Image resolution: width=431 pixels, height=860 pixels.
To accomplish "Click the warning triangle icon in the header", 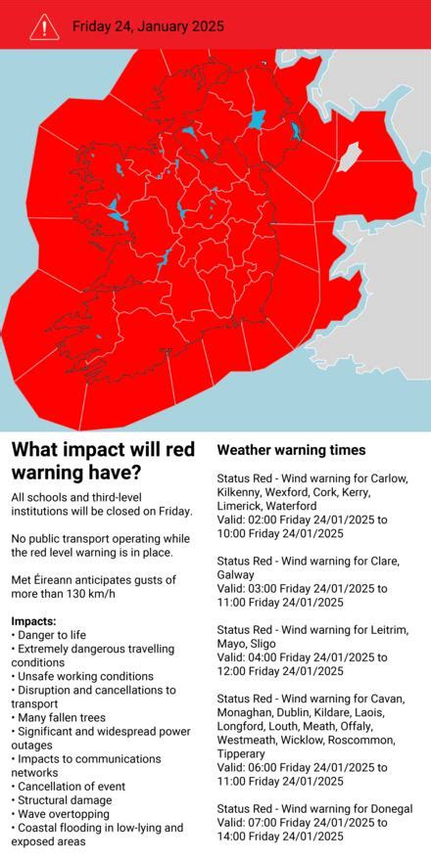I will point(44,26).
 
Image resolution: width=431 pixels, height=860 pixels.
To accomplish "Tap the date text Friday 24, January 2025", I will point(148,26).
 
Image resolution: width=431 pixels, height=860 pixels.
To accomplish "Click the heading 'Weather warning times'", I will point(291,450).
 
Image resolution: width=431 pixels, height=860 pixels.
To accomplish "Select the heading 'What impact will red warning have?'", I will point(103,461).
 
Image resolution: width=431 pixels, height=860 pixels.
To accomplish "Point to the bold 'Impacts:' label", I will point(33,621).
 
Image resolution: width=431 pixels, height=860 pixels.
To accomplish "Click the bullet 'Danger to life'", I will point(54,635).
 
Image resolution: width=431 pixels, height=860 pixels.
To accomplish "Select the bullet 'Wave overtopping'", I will point(64,813).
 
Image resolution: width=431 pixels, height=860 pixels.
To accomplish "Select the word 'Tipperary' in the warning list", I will point(241,754).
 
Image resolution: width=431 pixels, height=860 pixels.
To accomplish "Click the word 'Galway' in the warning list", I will point(235,574).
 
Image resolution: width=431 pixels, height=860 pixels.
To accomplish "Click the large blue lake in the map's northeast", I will point(258,120).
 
